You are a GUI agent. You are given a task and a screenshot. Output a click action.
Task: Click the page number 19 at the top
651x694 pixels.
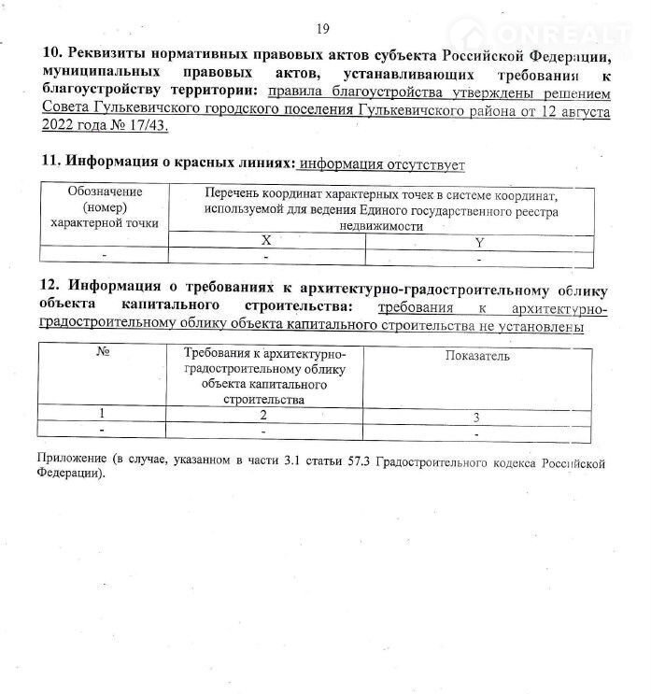(x=323, y=29)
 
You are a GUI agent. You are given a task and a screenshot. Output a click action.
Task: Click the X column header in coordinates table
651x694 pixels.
(x=266, y=240)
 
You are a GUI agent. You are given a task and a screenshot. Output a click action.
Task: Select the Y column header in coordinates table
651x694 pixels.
(x=477, y=242)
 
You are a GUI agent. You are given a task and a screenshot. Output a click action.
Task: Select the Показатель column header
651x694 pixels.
(x=477, y=356)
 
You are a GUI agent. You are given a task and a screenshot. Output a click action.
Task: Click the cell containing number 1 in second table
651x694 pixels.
(x=103, y=414)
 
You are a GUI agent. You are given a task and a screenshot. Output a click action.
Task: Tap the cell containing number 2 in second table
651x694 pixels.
(x=264, y=415)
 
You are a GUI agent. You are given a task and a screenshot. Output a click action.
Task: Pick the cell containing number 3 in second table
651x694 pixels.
(x=475, y=418)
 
